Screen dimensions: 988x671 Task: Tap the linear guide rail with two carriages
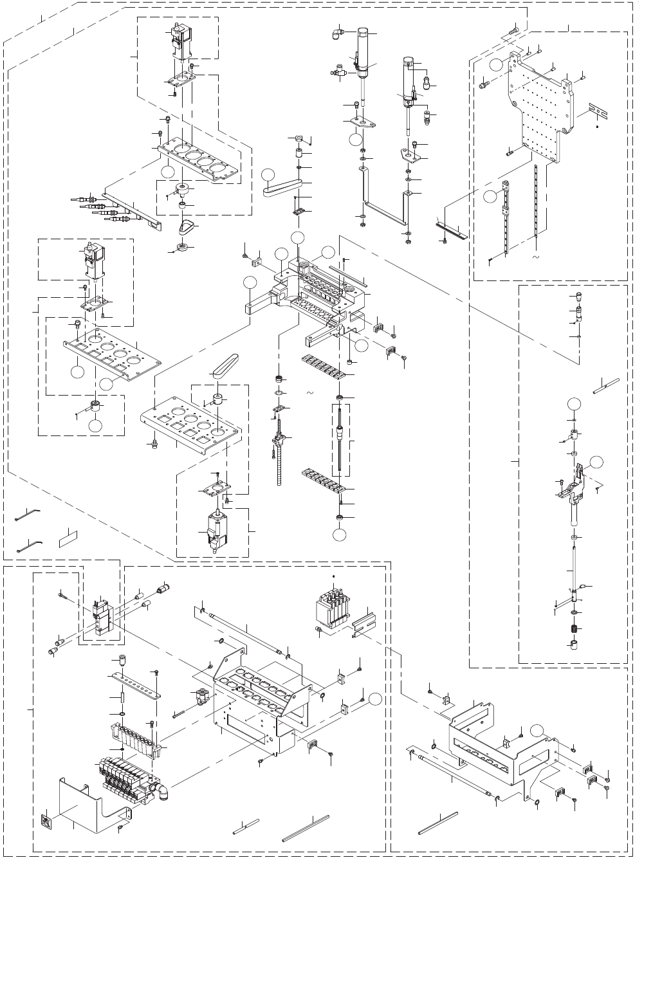coord(504,219)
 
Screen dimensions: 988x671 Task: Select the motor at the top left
coord(179,44)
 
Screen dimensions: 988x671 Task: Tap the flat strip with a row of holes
coord(136,686)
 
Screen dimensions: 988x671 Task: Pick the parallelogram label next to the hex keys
coord(68,538)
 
